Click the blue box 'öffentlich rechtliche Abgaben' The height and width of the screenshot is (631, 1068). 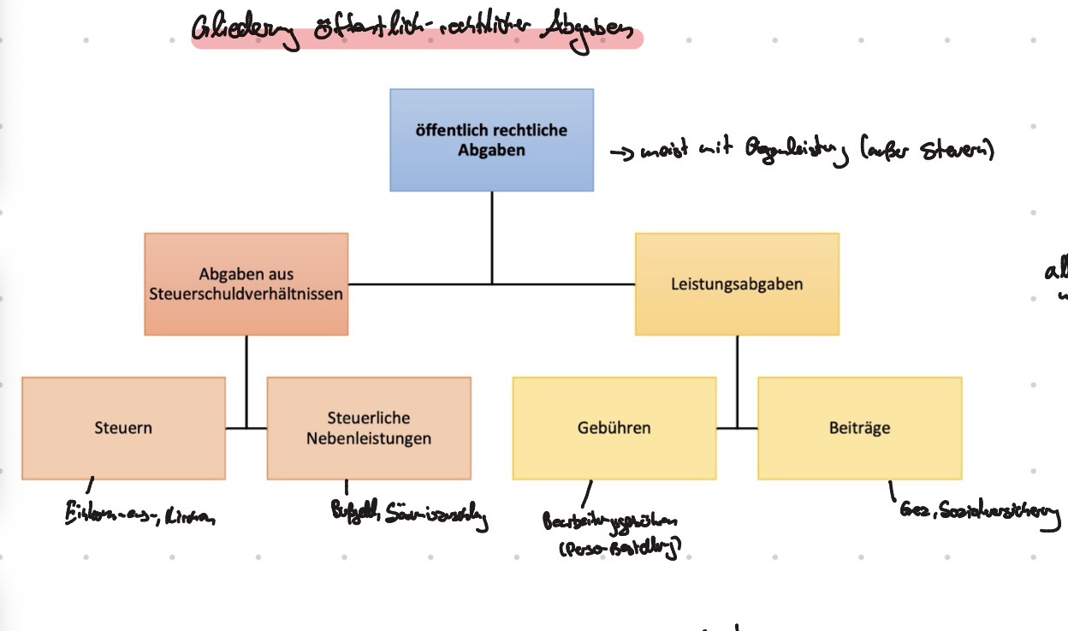click(491, 140)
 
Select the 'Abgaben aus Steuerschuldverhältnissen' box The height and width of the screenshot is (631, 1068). click(246, 283)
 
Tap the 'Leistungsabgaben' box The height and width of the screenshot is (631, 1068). click(737, 283)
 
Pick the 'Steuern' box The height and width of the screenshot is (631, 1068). click(123, 427)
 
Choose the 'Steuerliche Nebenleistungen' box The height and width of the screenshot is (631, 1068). click(368, 427)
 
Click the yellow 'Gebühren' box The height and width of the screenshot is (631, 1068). click(614, 427)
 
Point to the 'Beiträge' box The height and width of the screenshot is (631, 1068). click(859, 427)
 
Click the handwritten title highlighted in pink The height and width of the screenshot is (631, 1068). click(416, 34)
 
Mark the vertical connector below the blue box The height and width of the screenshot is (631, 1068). click(491, 235)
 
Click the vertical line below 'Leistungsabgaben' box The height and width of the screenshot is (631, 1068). click(737, 377)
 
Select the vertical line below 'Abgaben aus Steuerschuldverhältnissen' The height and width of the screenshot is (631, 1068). click(246, 377)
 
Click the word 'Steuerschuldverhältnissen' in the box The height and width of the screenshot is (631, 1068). click(246, 294)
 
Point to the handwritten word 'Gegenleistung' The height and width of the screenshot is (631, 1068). click(799, 152)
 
